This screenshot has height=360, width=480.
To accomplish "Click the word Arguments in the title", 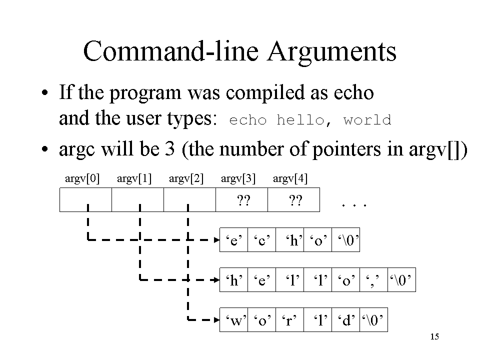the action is point(332,52).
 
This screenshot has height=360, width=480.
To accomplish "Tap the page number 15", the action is point(434,336).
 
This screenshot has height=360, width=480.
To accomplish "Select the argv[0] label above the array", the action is point(82,178).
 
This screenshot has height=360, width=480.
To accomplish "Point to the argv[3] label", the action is point(238,178).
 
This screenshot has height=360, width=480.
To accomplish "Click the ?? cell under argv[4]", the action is point(294,200).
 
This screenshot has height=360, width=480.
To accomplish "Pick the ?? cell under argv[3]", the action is point(242,200).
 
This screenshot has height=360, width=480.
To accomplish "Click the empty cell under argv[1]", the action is point(138,200).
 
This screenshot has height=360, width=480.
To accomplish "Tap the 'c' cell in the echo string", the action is point(261,239).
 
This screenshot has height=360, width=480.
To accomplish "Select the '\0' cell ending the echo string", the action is point(345,239).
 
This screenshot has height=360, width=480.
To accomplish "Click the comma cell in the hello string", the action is point(374,280).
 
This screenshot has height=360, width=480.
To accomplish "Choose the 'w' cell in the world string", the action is point(234,319).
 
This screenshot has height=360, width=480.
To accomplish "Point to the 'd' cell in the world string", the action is point(345,319).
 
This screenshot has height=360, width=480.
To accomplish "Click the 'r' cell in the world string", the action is point(290,319).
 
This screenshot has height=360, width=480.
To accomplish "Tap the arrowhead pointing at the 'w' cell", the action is point(216,320).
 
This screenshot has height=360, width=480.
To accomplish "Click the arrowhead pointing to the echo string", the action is point(216,239).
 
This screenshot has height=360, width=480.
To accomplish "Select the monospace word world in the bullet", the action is point(367,120).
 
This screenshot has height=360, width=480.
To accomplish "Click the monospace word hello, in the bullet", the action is point(304,120).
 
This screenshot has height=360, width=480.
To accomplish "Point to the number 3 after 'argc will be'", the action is point(169,149).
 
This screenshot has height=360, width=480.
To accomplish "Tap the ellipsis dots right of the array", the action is point(354,205).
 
